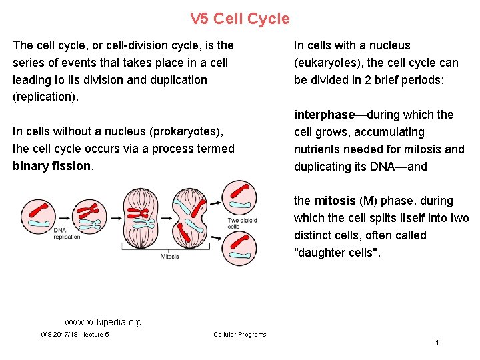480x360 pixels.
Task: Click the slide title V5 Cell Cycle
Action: (240, 19)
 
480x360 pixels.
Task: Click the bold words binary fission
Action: (51, 166)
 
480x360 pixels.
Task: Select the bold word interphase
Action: (324, 115)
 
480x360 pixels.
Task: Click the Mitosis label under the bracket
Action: (169, 256)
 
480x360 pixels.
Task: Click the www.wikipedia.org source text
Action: (103, 323)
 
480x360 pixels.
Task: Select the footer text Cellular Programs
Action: (239, 335)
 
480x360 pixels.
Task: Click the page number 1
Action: (437, 343)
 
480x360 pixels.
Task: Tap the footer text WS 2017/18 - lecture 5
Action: (74, 335)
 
